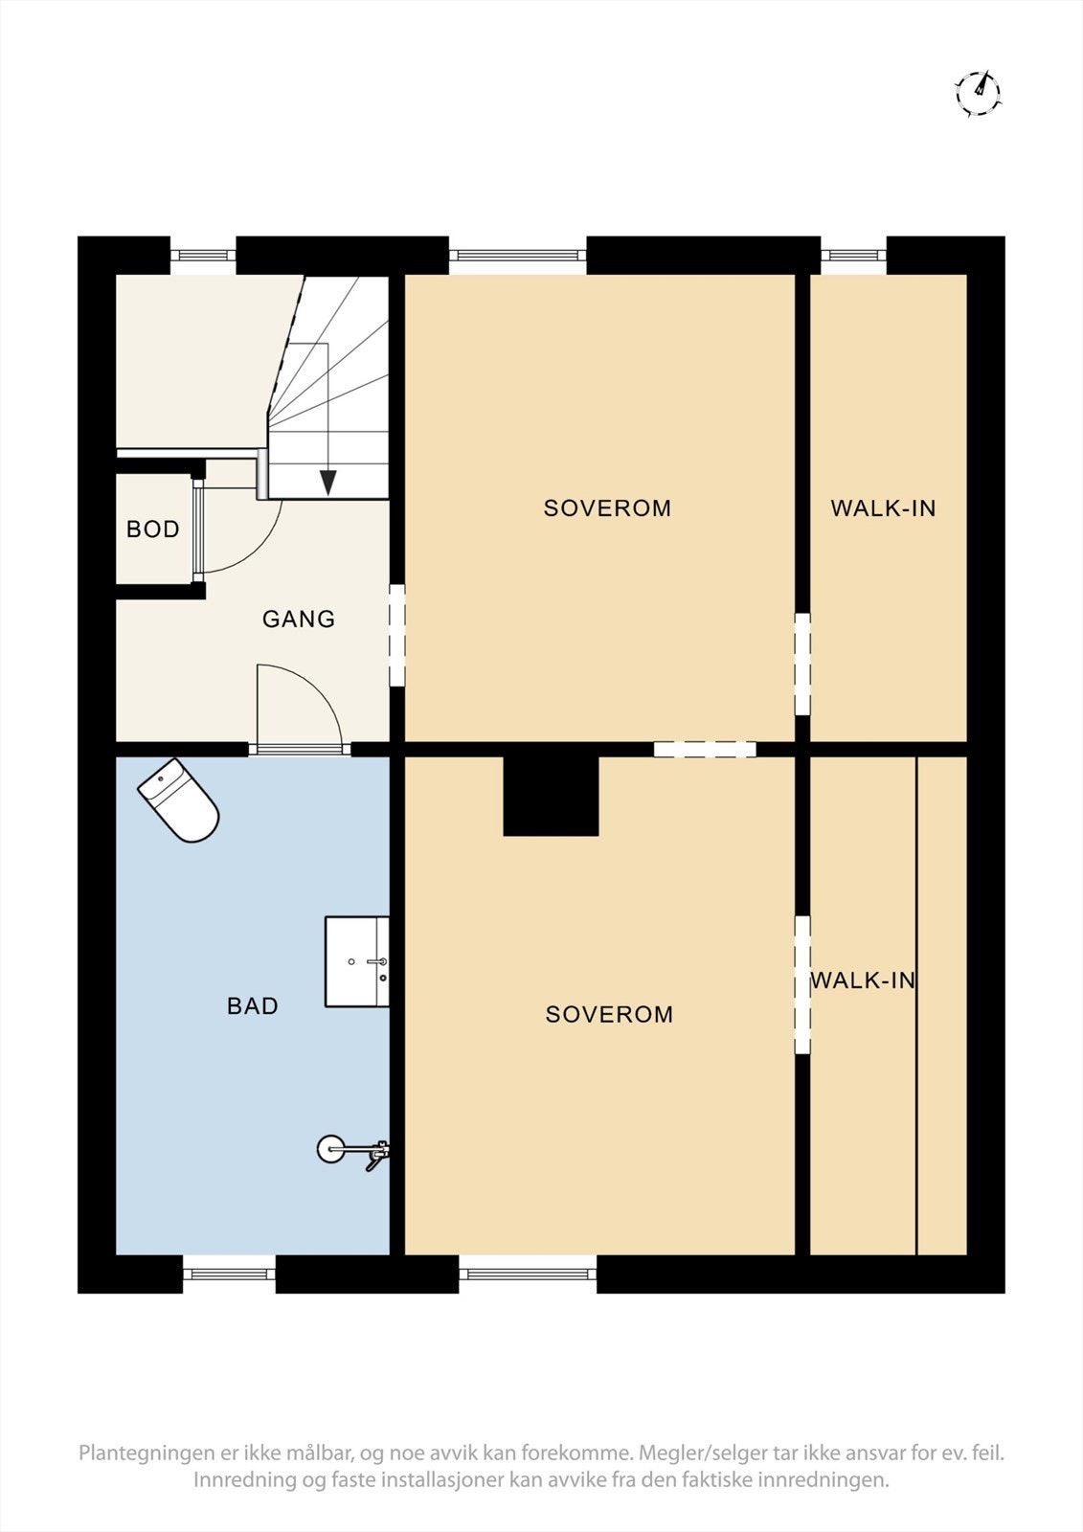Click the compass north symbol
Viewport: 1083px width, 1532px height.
[x=978, y=93]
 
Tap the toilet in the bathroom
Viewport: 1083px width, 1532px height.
[x=179, y=800]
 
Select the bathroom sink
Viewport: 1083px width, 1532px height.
[x=356, y=961]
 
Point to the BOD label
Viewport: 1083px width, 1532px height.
[x=153, y=529]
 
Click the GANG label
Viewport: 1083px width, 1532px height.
[x=299, y=620]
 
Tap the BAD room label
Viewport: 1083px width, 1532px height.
[x=253, y=1005]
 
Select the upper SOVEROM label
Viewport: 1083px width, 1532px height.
[x=607, y=508]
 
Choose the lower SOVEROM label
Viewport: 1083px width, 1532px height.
[x=609, y=1014]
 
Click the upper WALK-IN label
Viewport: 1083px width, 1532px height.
[x=883, y=508]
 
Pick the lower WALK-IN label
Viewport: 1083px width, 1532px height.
[x=863, y=980]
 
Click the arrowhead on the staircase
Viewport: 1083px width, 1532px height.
[x=327, y=483]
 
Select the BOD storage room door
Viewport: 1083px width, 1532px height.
[x=198, y=529]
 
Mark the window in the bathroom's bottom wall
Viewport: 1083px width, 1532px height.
[x=229, y=1273]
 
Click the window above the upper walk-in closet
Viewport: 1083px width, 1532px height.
[x=853, y=255]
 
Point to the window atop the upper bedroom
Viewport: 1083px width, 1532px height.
[x=517, y=255]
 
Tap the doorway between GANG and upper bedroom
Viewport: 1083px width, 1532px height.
[x=396, y=636]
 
